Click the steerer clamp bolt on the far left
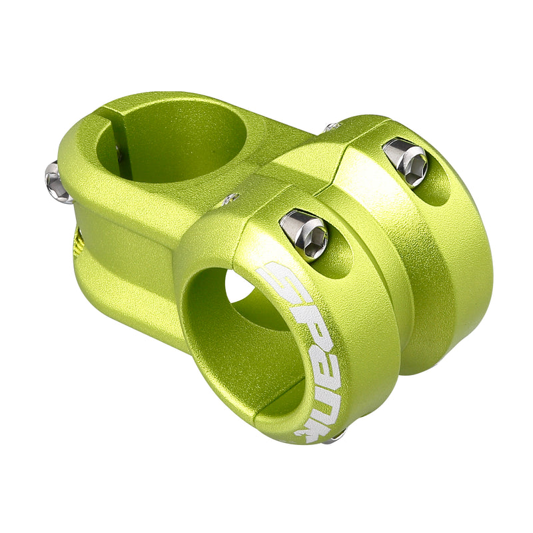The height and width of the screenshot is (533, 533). [x=57, y=182]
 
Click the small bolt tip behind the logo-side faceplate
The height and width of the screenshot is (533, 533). [x=230, y=199]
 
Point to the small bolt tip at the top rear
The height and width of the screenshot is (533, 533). [x=331, y=126]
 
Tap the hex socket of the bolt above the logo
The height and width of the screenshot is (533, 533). [x=313, y=237]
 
